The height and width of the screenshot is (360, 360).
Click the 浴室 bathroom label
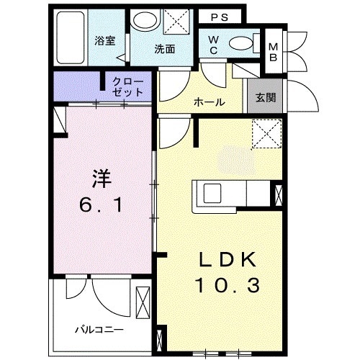click(x=105, y=41)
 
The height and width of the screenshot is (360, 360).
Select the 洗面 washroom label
click(x=164, y=50)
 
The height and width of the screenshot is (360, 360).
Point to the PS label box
click(x=220, y=16)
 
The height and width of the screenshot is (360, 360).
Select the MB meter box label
click(x=274, y=53)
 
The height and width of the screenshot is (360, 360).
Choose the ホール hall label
click(x=209, y=102)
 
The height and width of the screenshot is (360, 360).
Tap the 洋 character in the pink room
click(x=101, y=176)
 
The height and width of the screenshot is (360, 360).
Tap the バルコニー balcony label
click(x=96, y=330)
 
